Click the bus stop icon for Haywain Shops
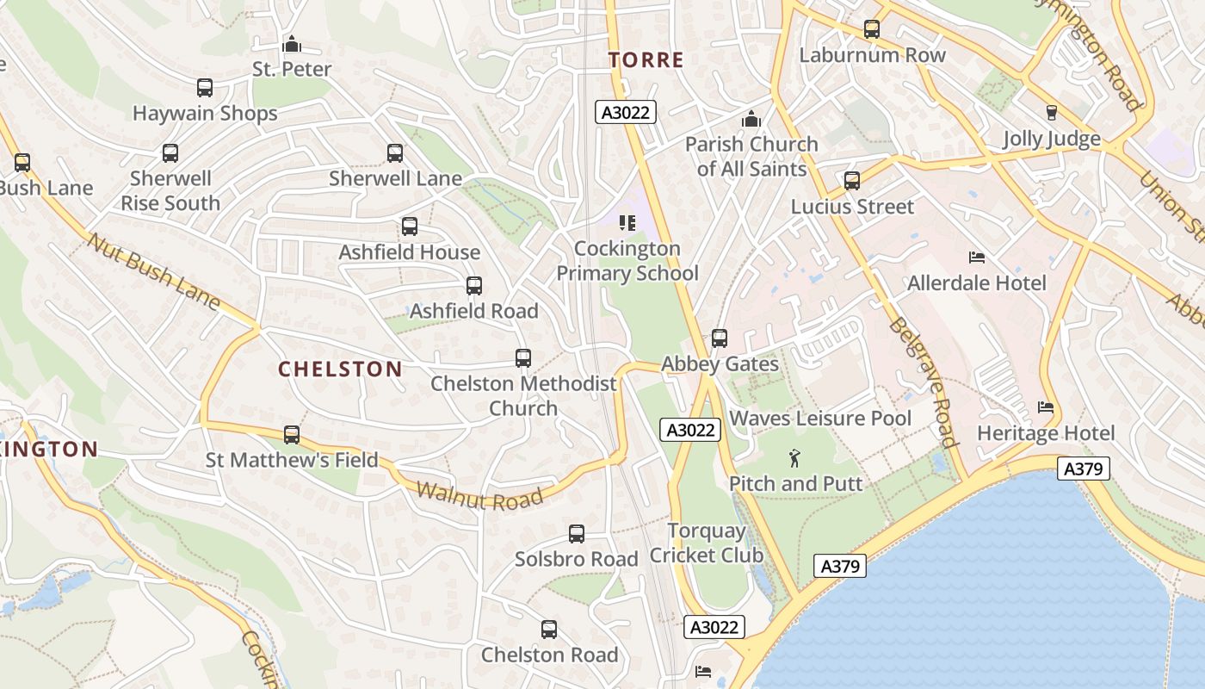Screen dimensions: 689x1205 coord(205,88)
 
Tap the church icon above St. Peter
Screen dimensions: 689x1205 coord(292,43)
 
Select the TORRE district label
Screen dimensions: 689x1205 coord(646,60)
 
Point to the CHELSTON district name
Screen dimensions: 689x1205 coord(340,369)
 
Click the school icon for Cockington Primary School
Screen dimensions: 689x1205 coord(627,223)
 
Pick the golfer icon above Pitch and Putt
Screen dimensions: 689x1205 coord(794,458)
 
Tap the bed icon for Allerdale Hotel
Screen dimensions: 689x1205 coord(977,258)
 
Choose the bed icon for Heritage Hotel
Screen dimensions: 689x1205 coord(1046,407)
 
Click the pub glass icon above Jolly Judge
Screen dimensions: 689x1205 coord(1051,113)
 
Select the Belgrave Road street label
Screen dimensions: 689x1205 coord(923,382)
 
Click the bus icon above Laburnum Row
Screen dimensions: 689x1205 coord(872,29)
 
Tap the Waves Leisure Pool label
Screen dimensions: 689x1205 coord(820,419)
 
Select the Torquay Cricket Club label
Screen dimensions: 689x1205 coord(707,543)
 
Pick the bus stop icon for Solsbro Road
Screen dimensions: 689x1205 coord(577,534)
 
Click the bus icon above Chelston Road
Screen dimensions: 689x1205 coord(549,630)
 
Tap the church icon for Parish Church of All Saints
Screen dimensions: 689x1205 coord(751,119)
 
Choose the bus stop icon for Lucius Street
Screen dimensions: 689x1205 coord(852,181)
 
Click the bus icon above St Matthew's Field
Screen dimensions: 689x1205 coord(292,435)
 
